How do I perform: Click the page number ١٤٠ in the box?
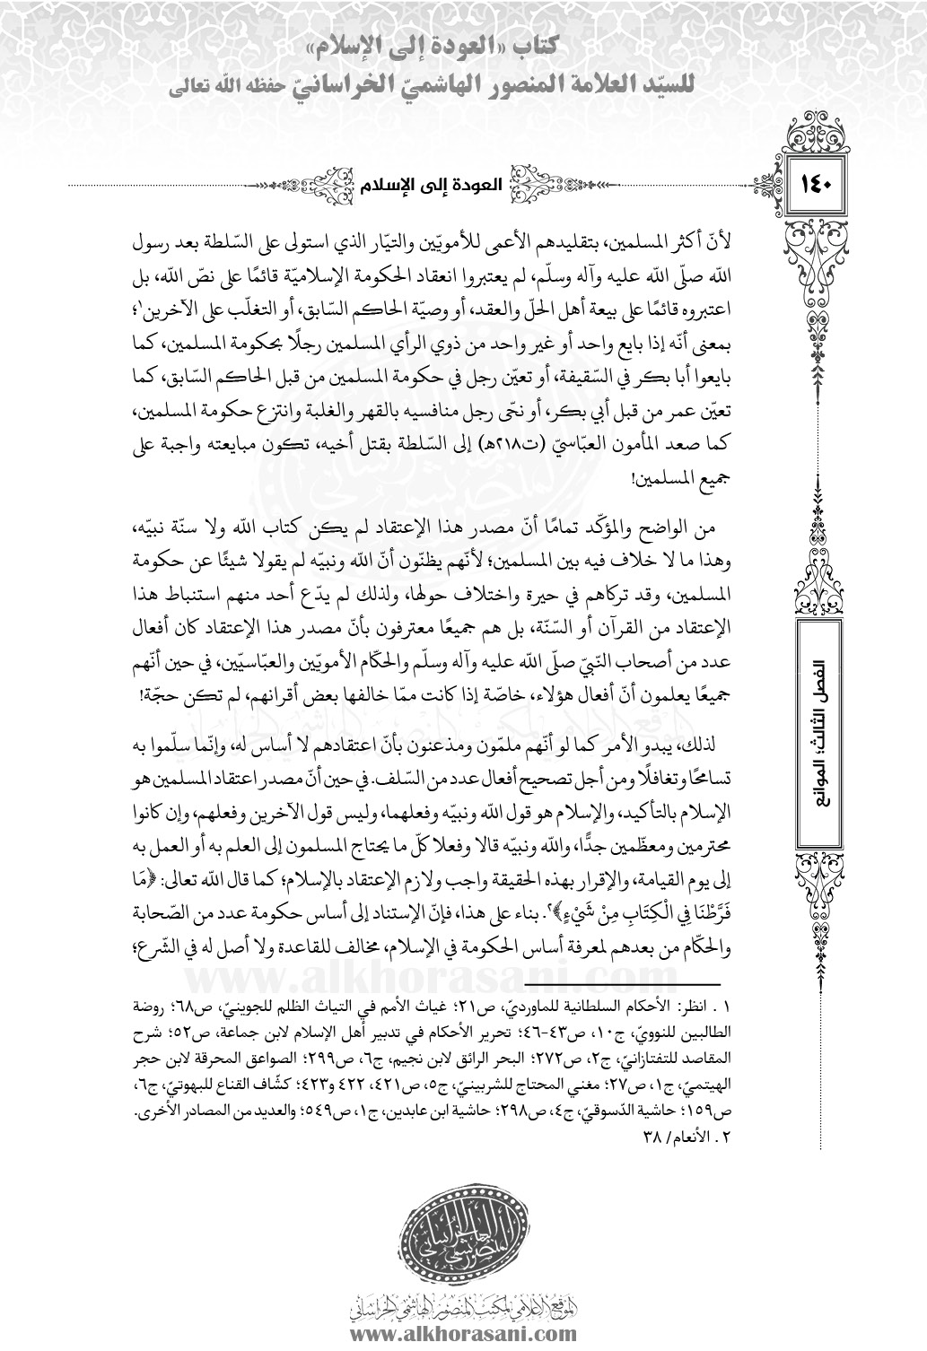click(818, 191)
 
